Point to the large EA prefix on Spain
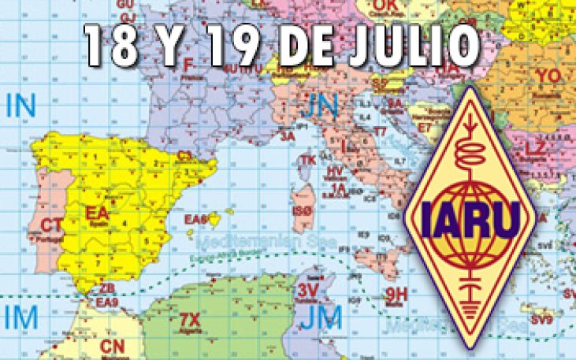tap(98, 213)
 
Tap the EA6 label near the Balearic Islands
tap(195, 219)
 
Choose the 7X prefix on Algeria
tap(190, 319)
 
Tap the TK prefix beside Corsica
tap(307, 160)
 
